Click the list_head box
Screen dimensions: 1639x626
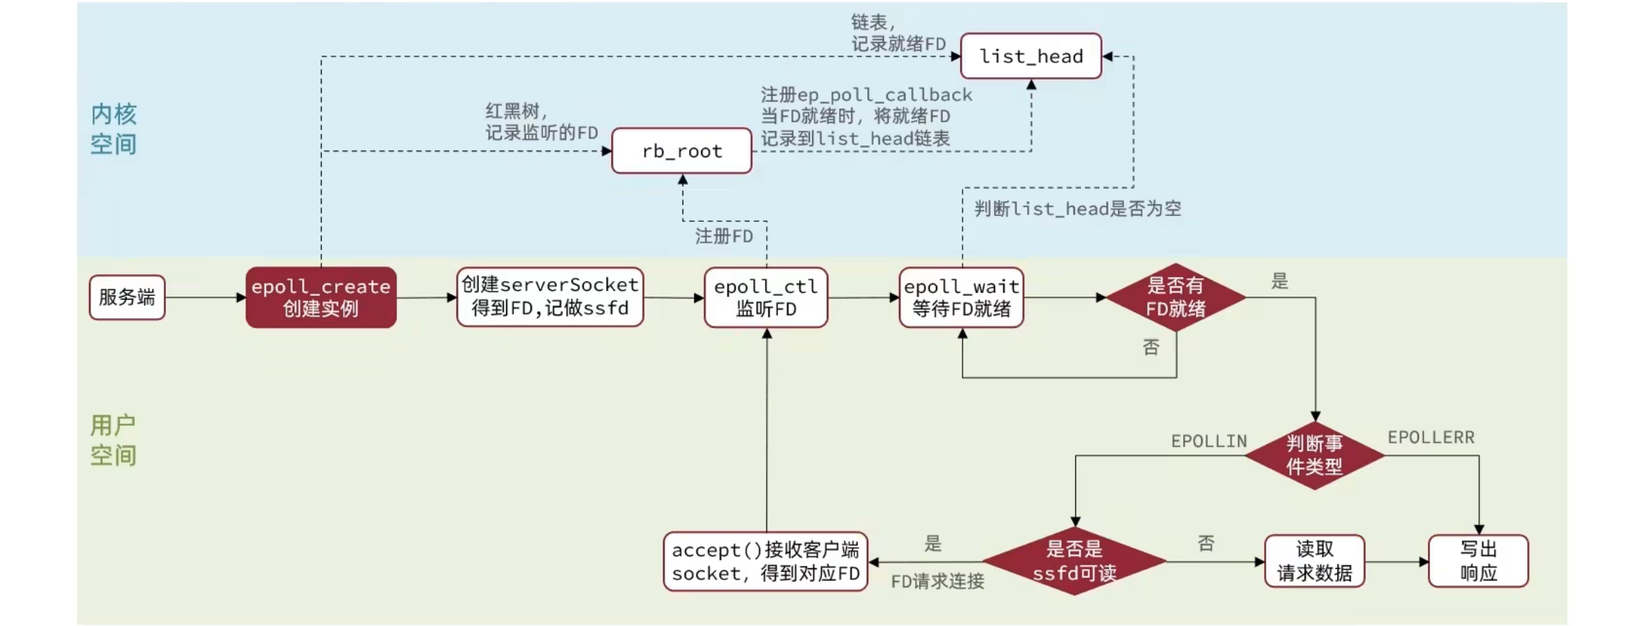click(x=1031, y=56)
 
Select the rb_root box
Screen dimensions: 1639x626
click(x=682, y=151)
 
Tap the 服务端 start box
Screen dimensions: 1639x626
click(x=127, y=297)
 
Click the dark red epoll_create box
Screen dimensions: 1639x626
click(x=321, y=297)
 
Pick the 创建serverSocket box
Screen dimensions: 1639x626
click(x=550, y=297)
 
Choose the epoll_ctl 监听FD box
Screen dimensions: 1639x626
click(x=766, y=297)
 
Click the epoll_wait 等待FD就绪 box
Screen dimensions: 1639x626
click(x=962, y=297)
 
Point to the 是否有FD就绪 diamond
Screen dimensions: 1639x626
click(x=1176, y=297)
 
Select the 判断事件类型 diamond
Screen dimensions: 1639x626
click(x=1314, y=455)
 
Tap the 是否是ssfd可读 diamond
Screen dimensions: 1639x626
click(x=1074, y=561)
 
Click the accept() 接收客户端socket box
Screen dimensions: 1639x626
click(x=765, y=561)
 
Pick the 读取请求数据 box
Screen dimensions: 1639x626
click(x=1314, y=561)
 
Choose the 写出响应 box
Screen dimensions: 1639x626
click(x=1478, y=561)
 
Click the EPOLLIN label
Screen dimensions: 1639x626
click(x=1209, y=441)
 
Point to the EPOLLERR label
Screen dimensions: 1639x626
click(x=1431, y=438)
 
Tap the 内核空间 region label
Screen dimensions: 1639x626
click(x=113, y=129)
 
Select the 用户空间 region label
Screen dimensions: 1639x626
click(x=113, y=440)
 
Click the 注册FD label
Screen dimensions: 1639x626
click(x=724, y=237)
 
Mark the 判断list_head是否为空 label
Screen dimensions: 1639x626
click(x=1077, y=209)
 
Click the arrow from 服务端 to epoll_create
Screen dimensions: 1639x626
click(x=205, y=297)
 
